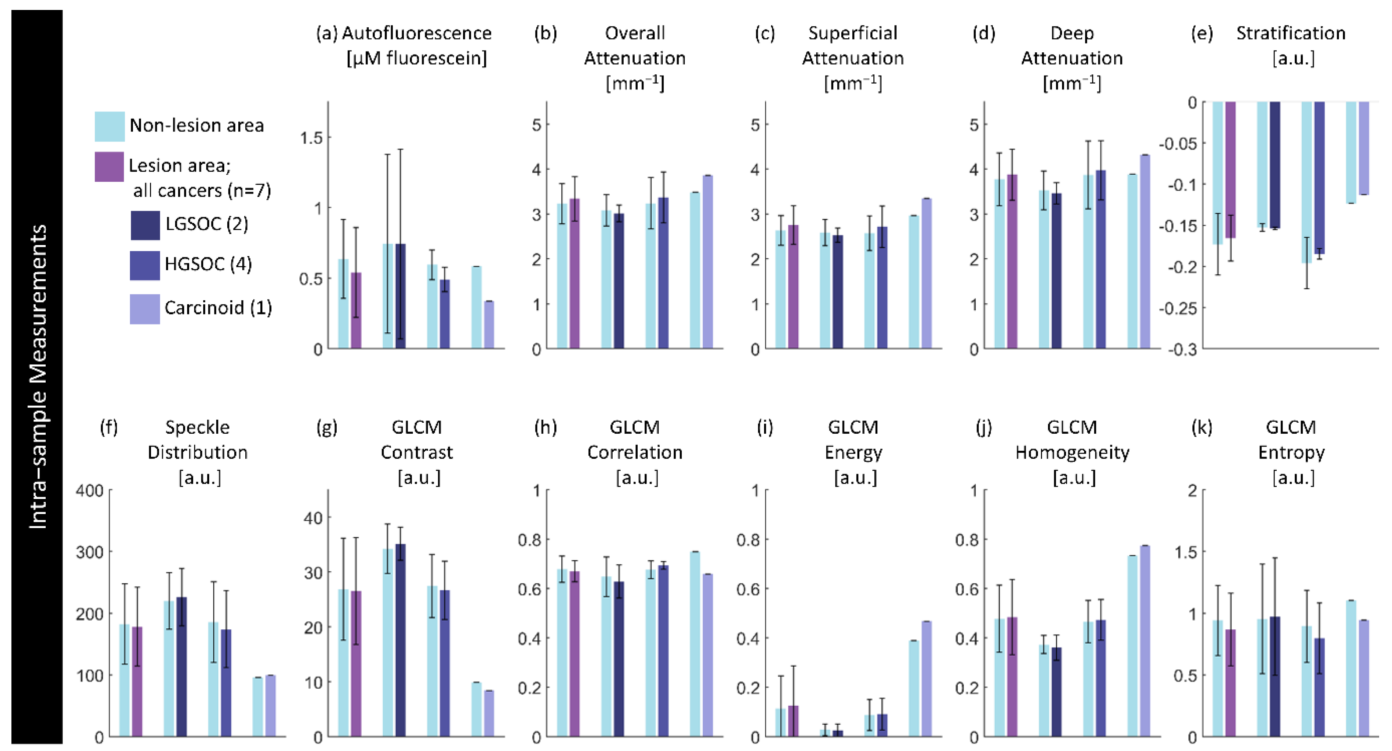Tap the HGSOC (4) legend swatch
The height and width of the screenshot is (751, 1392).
(x=144, y=265)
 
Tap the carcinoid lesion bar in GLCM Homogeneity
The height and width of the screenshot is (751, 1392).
(x=1144, y=641)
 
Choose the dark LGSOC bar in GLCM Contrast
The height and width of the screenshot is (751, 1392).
(x=400, y=641)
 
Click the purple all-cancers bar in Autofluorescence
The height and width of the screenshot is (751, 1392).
(x=356, y=311)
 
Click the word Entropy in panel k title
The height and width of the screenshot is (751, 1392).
(x=1291, y=452)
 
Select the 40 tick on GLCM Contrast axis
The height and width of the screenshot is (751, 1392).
(x=313, y=518)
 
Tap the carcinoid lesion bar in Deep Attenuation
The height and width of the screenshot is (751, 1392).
(x=1144, y=251)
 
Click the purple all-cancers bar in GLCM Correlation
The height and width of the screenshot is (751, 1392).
(x=574, y=654)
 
